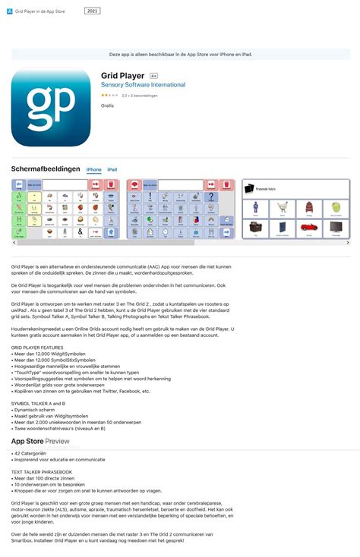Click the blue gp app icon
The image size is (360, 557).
50,106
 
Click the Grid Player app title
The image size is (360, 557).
123,76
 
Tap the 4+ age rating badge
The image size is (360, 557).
153,77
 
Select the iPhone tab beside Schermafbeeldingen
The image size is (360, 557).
93,170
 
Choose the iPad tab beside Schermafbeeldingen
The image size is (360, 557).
112,170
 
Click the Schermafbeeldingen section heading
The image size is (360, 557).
45,169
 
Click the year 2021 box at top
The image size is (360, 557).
92,11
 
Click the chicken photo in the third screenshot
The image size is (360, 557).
283,206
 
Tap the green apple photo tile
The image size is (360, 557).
334,206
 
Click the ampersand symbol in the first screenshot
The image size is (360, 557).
79,231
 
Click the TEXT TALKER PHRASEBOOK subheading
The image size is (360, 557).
42,471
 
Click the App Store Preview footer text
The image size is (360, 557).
40,441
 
